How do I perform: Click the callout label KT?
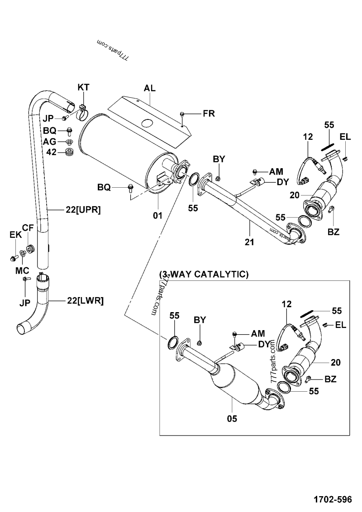[x=83, y=87]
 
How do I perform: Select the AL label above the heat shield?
[x=150, y=88]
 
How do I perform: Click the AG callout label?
[x=50, y=142]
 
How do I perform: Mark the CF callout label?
[x=28, y=228]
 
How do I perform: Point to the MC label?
[x=23, y=270]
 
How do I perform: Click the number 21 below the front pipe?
[x=249, y=242]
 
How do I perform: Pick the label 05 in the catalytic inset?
[x=232, y=419]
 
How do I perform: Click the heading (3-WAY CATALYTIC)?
[x=204, y=275]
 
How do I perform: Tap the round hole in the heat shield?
[x=146, y=123]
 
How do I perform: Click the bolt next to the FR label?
[x=182, y=114]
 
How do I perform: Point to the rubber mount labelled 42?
[x=70, y=152]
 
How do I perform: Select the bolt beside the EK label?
[x=12, y=258]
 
